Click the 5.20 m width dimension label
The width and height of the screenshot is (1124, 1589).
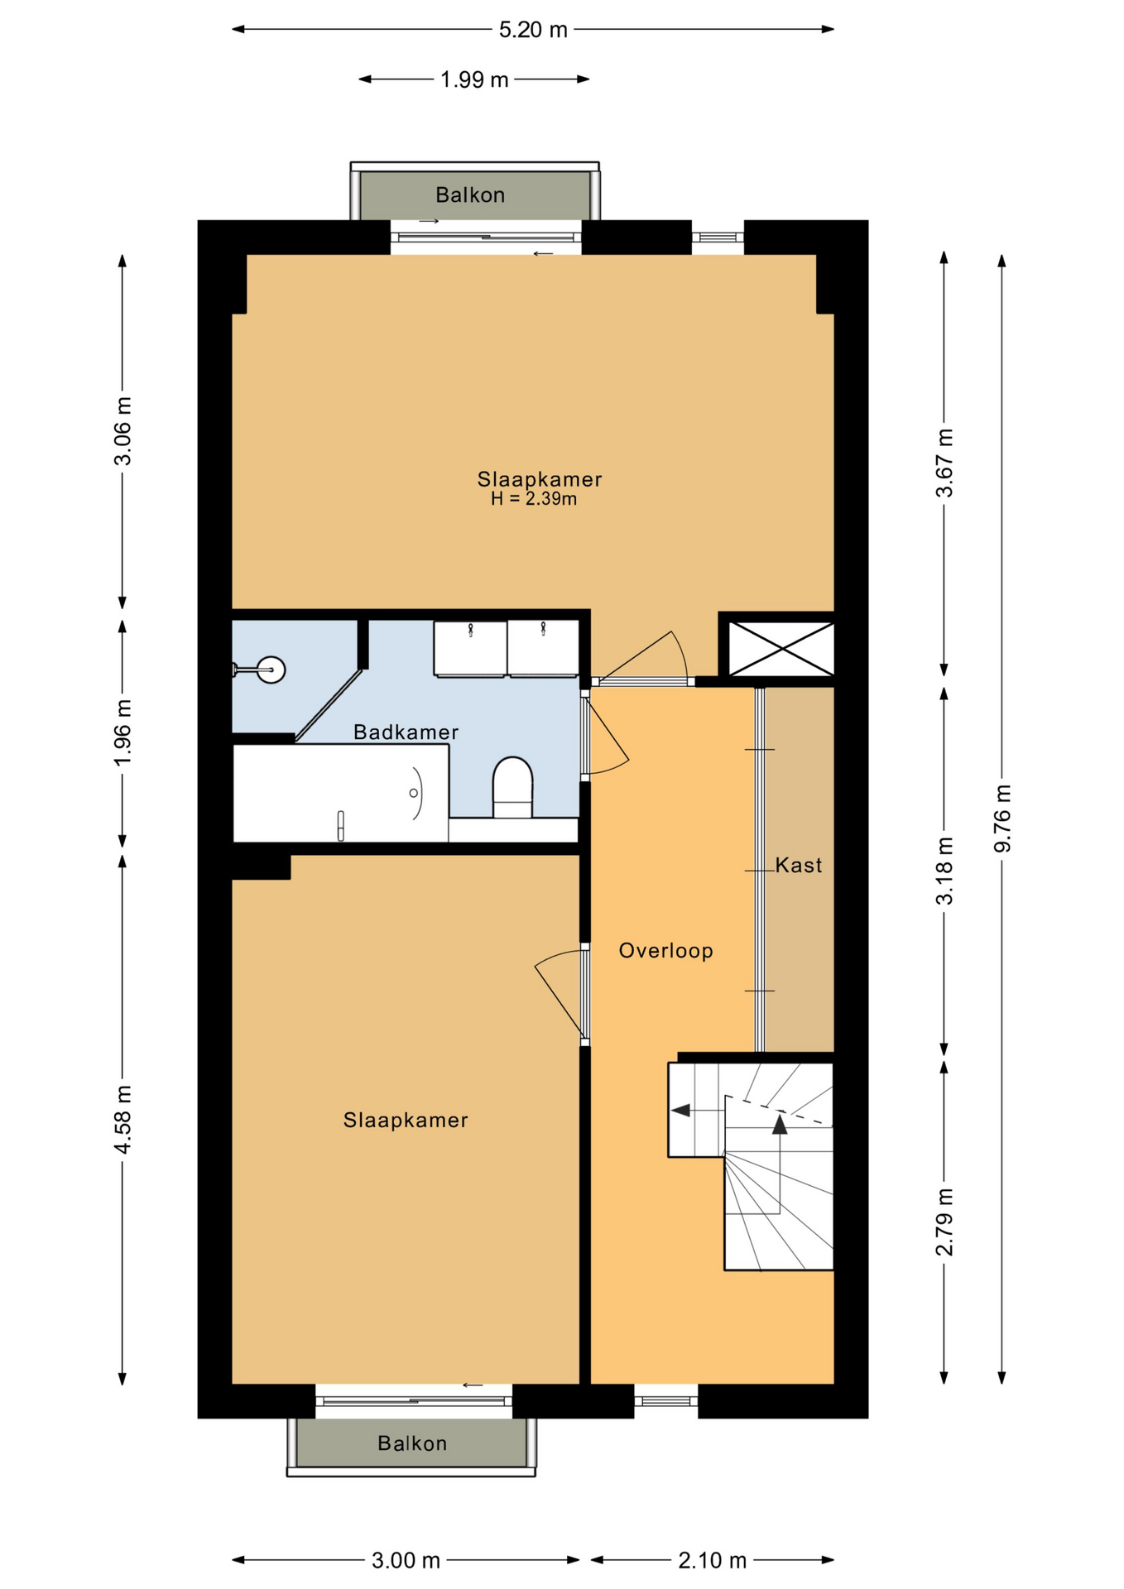point(533,31)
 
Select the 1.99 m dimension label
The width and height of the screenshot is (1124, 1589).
point(474,80)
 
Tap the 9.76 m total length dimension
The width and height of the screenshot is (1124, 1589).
point(1002,818)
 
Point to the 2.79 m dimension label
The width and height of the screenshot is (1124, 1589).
point(944,1222)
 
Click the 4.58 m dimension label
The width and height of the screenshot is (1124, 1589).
point(122,1119)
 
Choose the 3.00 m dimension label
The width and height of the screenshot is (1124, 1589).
point(406,1560)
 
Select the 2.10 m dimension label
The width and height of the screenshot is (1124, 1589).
point(713,1560)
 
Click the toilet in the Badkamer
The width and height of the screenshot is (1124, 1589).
point(512,786)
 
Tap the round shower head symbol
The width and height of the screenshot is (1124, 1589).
point(271,669)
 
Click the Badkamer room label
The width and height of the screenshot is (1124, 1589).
point(406,732)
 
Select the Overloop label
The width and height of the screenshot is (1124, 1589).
point(665,950)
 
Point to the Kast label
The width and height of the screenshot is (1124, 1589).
point(799,865)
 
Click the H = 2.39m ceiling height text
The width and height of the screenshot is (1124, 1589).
point(534,499)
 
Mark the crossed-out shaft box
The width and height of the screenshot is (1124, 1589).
point(781,648)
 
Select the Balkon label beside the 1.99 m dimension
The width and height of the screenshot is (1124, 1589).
point(470,194)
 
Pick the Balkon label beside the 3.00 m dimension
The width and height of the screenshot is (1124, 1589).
point(412,1443)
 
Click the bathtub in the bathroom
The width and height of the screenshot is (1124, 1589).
point(341,793)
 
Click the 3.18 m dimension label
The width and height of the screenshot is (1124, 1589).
point(944,871)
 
